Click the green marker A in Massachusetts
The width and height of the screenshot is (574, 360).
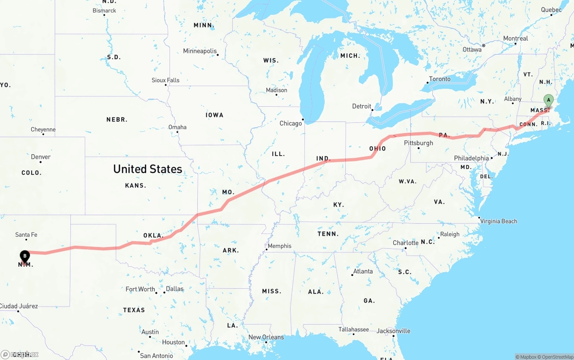[x=548, y=100]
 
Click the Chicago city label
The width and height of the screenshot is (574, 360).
[x=291, y=123]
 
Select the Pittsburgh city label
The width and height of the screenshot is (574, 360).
[x=418, y=143]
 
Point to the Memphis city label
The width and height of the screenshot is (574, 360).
[x=279, y=246]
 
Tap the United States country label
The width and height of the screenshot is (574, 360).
[x=148, y=169]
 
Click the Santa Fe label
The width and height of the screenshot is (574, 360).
[x=26, y=234]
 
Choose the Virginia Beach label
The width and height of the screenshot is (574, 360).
[x=498, y=221]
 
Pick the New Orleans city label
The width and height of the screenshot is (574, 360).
[x=266, y=337]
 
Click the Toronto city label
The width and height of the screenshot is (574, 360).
[x=439, y=79]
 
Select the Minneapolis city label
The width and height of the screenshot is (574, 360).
[x=200, y=51]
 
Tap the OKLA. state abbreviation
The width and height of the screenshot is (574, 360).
[x=153, y=235]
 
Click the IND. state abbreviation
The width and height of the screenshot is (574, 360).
[x=323, y=159]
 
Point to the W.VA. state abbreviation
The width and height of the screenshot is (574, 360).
[x=408, y=182]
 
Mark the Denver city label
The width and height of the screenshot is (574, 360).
[x=41, y=157]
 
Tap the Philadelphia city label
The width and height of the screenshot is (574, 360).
[x=471, y=158]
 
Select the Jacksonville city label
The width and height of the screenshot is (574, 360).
[x=393, y=331]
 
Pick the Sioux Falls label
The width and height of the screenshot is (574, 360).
[x=165, y=80]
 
